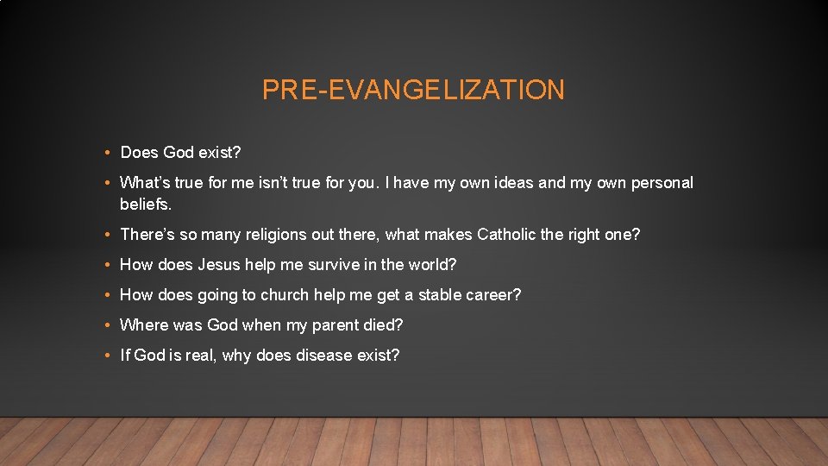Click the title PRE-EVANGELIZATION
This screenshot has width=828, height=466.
click(x=413, y=90)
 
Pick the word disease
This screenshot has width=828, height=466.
click(x=327, y=356)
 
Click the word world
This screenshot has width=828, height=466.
click(x=430, y=264)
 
